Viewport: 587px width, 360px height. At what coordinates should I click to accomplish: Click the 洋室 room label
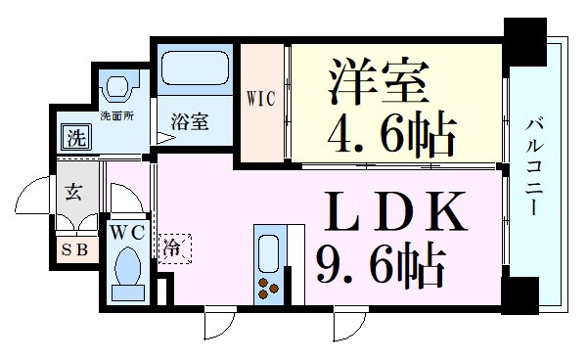coord(383,83)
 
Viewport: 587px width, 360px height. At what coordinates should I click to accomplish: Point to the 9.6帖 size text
coord(381,261)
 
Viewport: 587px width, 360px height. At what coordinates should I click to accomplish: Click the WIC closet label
coord(260,98)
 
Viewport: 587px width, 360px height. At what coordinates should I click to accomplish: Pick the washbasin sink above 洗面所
coord(120,87)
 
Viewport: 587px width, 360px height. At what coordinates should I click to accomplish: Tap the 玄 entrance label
coord(74,190)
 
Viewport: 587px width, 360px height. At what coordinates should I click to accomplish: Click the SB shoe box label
coord(75,248)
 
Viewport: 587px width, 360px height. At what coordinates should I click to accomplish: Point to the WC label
coord(128,233)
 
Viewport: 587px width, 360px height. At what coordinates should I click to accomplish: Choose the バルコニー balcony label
coord(537,166)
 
